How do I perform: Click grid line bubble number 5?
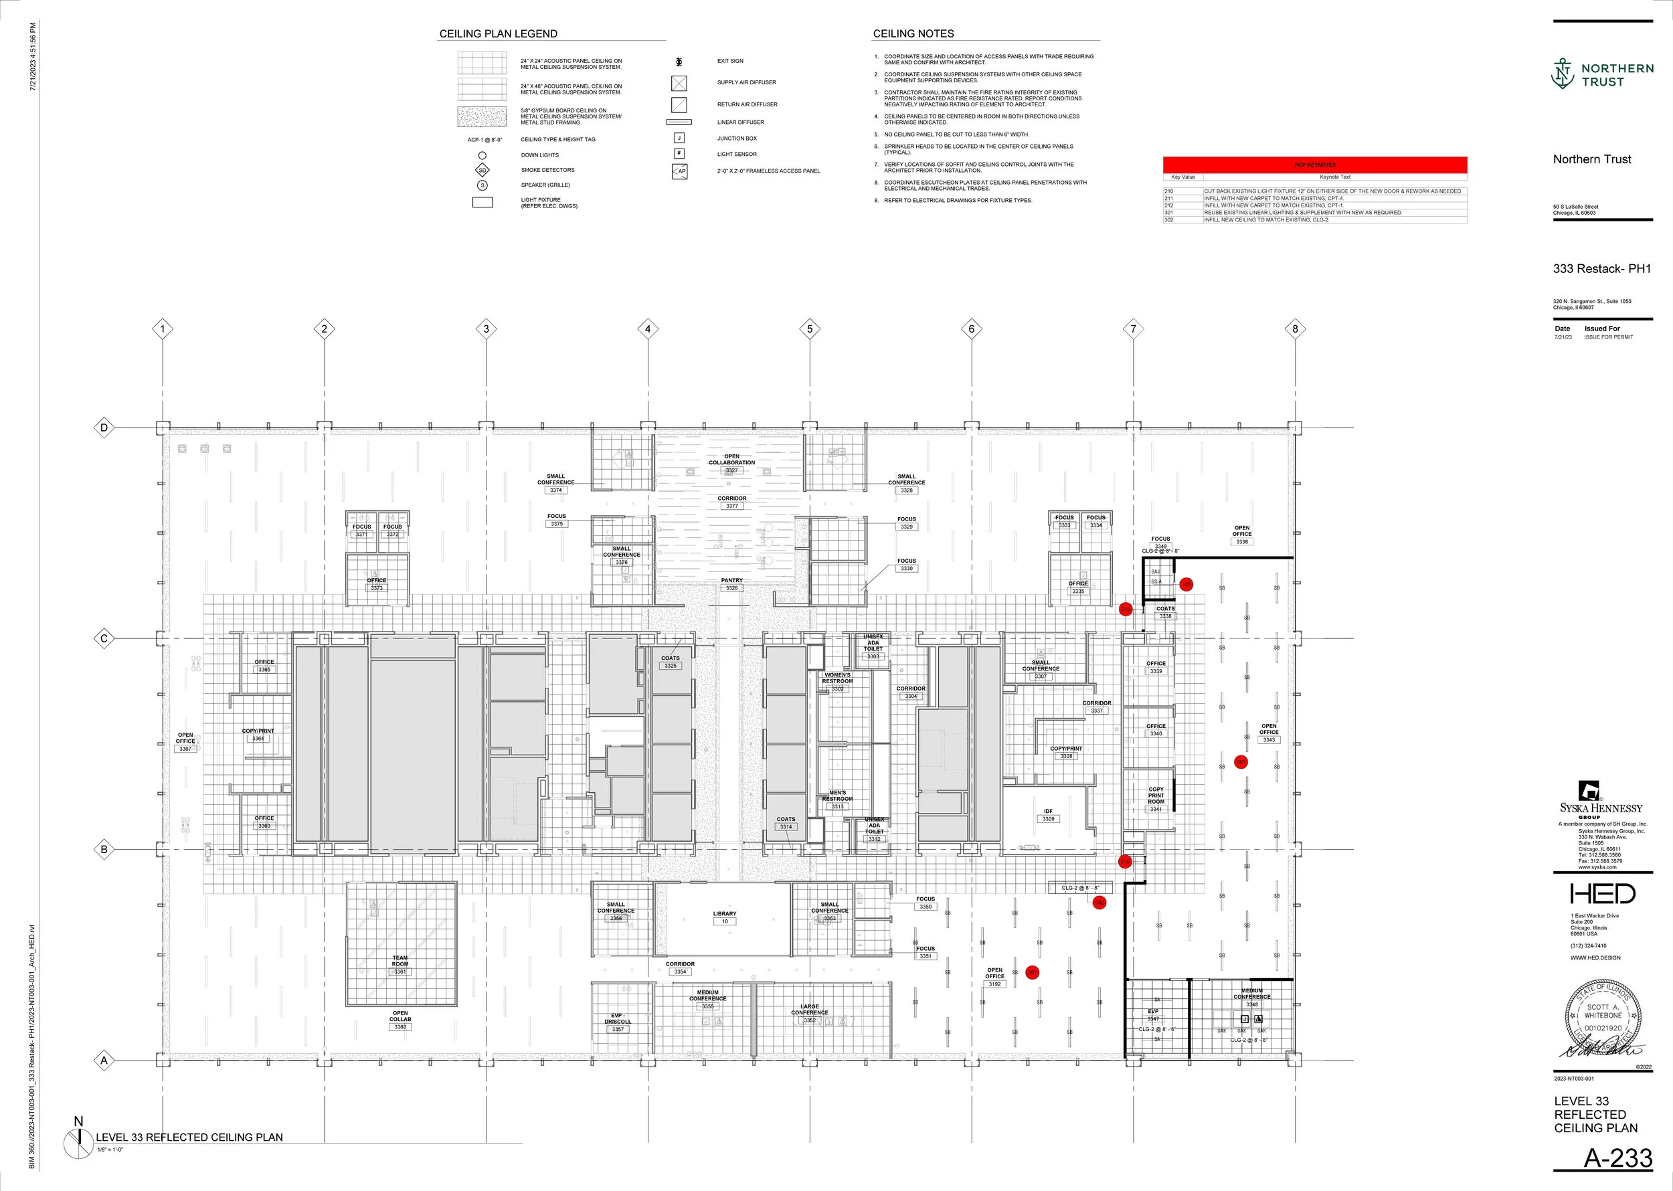tap(810, 329)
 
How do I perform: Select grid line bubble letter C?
tap(104, 638)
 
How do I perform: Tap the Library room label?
tap(725, 917)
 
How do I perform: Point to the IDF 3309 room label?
tap(1048, 815)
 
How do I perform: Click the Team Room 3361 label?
tap(400, 964)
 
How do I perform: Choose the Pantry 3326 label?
tap(731, 583)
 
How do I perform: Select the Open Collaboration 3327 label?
tap(731, 463)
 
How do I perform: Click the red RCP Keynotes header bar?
tap(1314, 165)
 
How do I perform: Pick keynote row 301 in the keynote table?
tap(1314, 213)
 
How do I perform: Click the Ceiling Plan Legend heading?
tap(498, 33)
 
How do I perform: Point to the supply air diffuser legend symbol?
tap(679, 83)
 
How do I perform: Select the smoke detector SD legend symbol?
tap(482, 170)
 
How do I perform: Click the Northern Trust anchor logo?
tap(1563, 74)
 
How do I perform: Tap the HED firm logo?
tap(1602, 893)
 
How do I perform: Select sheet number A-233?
tap(1617, 1158)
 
